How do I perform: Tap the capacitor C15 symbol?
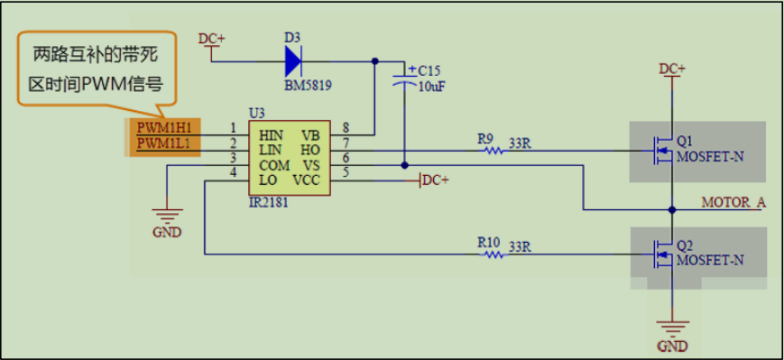[404, 82]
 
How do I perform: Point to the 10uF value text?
[432, 87]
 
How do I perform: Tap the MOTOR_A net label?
[733, 203]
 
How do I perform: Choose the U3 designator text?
[257, 112]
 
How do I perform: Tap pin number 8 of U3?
[346, 127]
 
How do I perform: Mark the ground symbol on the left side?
[167, 216]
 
